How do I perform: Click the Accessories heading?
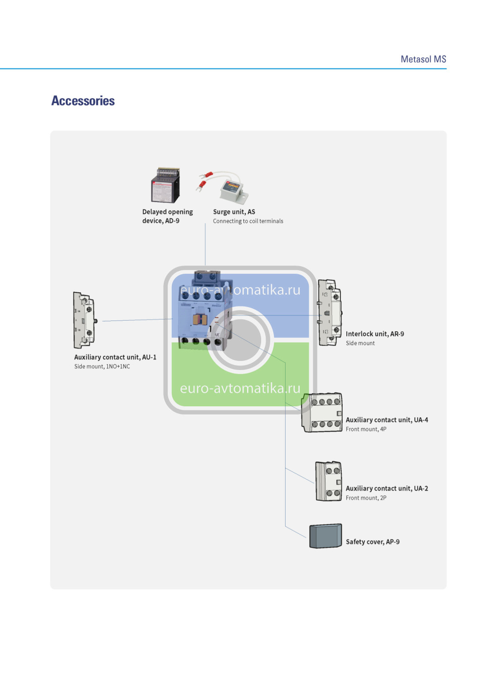click(x=83, y=101)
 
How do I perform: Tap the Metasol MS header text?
click(x=423, y=59)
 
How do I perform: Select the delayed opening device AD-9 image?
click(x=165, y=186)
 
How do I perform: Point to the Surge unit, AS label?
click(x=234, y=212)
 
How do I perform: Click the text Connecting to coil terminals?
click(x=248, y=222)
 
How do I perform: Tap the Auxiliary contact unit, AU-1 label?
click(x=115, y=357)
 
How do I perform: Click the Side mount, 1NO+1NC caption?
click(x=102, y=367)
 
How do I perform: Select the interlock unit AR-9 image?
click(x=330, y=313)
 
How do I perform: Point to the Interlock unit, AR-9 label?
click(x=374, y=334)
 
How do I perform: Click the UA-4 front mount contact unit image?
click(x=322, y=413)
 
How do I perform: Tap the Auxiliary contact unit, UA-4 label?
click(x=387, y=420)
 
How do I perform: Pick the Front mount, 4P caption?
click(x=366, y=429)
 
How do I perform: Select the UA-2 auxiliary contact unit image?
click(x=329, y=482)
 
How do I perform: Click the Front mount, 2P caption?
click(x=366, y=498)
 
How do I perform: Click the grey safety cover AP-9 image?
click(x=326, y=536)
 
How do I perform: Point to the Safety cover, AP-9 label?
click(x=373, y=542)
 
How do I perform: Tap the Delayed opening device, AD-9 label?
click(x=167, y=217)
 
